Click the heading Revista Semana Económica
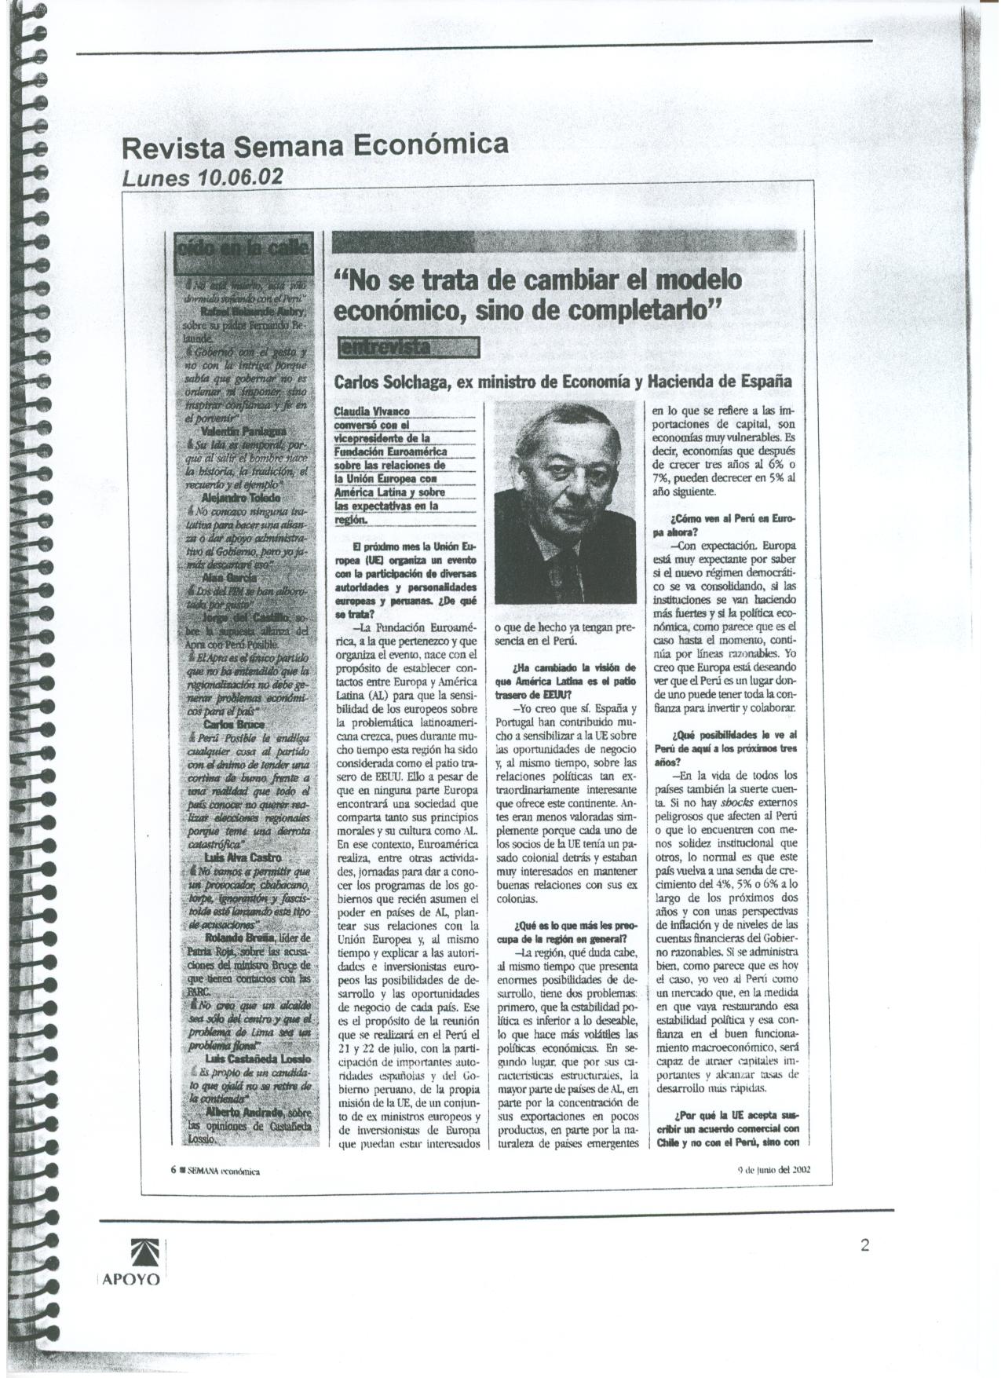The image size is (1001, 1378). (312, 146)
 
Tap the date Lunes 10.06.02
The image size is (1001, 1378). (202, 177)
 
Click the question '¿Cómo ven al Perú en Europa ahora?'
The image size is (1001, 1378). (722, 525)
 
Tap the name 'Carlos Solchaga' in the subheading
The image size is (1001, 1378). (389, 382)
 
